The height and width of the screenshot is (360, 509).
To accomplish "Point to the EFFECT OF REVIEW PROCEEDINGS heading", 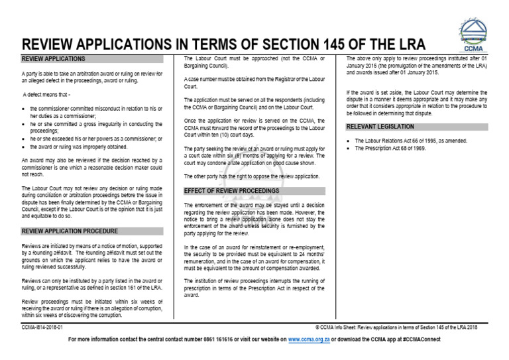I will point(232,191).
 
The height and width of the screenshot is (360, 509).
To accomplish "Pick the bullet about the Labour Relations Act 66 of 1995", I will point(411,141).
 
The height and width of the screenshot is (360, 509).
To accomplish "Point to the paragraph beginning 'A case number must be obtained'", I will point(254,82).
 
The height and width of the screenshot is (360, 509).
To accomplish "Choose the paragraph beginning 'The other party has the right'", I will point(251,176).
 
